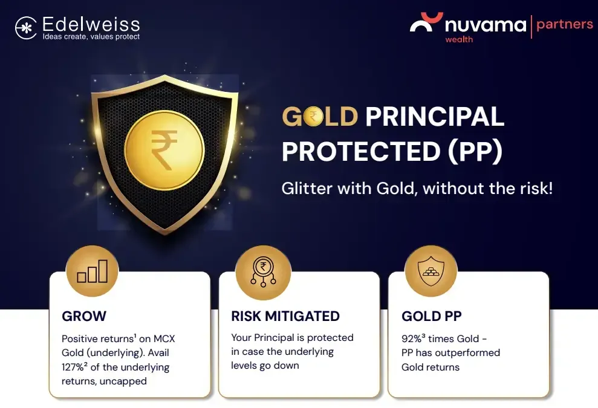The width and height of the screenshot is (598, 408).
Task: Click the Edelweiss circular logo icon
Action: (x=26, y=28)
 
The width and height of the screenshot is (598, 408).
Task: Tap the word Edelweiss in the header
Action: (x=91, y=24)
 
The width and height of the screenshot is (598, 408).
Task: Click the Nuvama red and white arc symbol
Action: (x=426, y=22)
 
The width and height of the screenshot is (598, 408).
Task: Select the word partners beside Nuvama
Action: (x=564, y=25)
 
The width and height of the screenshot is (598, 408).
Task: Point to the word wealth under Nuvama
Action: (x=459, y=39)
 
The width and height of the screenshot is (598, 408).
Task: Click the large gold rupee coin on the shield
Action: (x=164, y=150)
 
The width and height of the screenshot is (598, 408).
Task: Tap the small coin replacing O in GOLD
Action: (x=313, y=116)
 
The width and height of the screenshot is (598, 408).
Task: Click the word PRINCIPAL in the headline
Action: (x=435, y=116)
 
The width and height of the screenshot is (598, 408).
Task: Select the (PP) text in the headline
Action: (x=475, y=151)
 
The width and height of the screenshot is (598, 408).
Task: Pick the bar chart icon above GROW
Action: (x=93, y=271)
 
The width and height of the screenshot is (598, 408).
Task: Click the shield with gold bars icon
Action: (x=431, y=271)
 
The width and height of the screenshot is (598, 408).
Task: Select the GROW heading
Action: (x=84, y=316)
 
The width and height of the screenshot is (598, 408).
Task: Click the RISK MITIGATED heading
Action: (x=285, y=316)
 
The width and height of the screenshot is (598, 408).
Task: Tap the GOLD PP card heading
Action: (x=431, y=316)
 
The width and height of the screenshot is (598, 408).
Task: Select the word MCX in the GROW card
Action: (x=164, y=338)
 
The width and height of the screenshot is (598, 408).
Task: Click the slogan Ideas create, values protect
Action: (x=91, y=37)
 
